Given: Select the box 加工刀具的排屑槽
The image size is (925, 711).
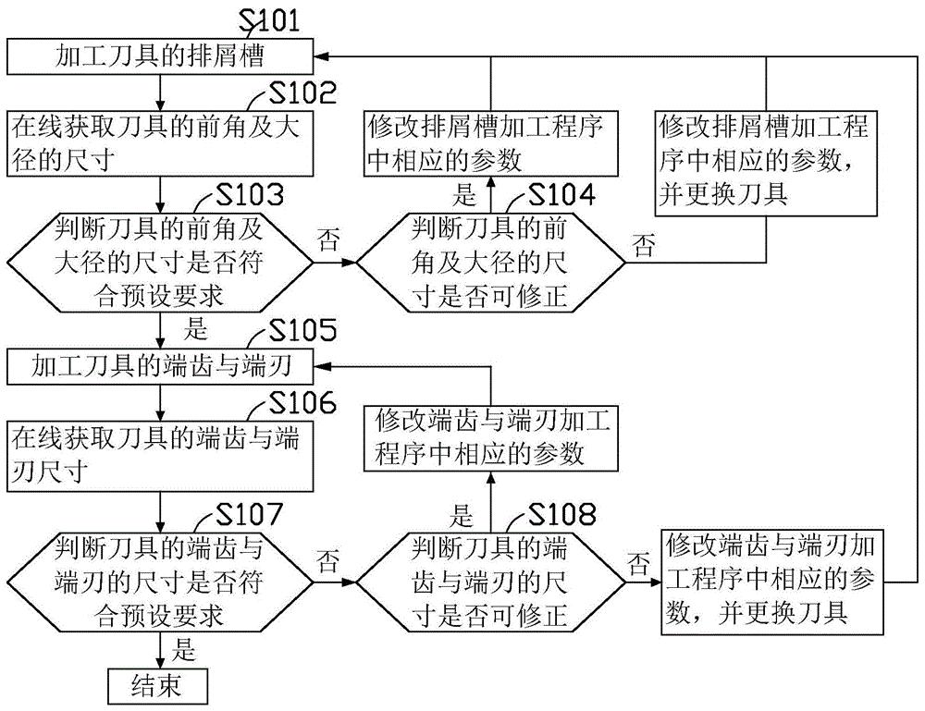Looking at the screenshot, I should [161, 58].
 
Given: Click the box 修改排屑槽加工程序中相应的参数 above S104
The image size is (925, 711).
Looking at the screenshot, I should [489, 143].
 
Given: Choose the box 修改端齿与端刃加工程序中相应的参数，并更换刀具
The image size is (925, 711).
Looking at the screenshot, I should [772, 580].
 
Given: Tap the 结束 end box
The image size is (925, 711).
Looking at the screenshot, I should [158, 685].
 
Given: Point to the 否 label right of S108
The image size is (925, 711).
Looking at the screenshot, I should [638, 561].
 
